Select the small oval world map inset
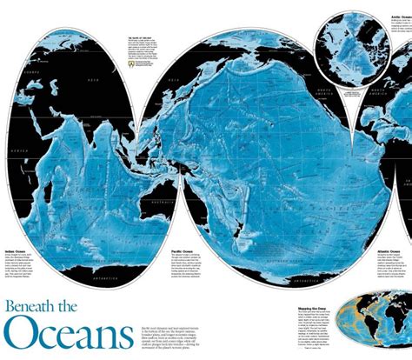click(x=375, y=323)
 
